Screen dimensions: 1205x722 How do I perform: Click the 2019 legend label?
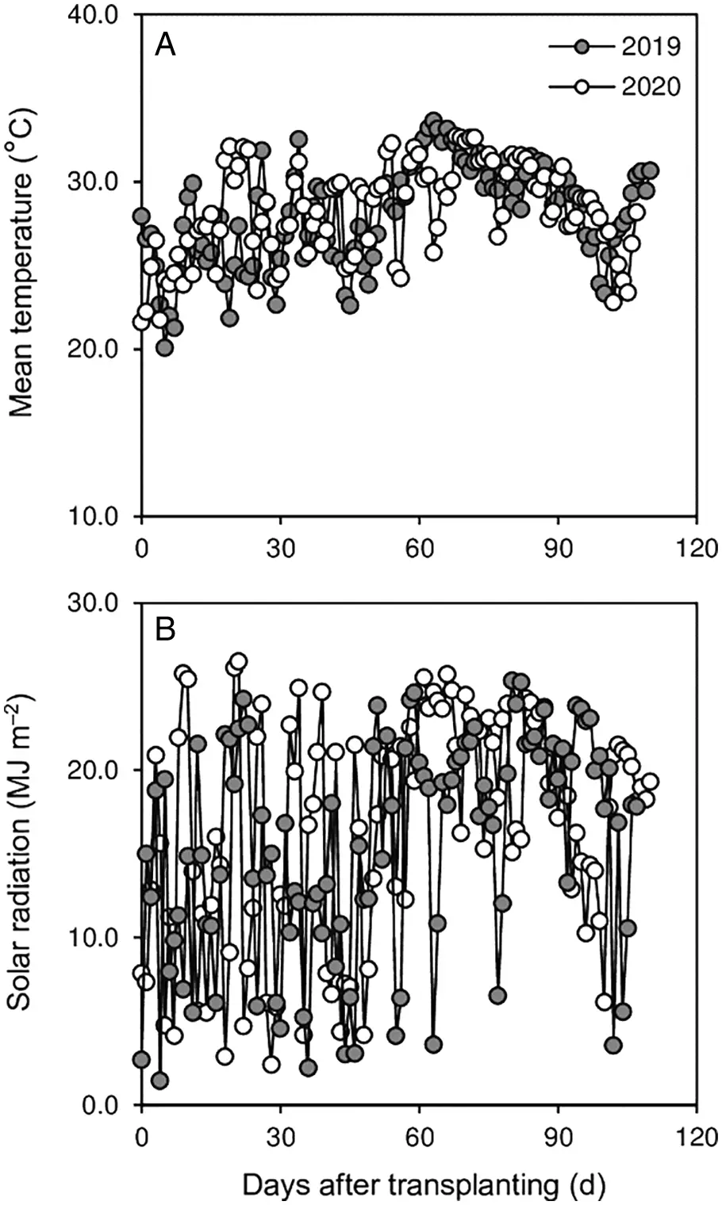tap(651, 47)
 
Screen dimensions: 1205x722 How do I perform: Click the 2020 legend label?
tap(651, 86)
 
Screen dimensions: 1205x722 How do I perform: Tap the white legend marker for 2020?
tap(582, 86)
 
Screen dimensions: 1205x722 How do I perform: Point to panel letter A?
tap(165, 45)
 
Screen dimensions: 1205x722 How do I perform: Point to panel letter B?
tap(165, 630)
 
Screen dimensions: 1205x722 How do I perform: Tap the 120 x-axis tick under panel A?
tap(696, 548)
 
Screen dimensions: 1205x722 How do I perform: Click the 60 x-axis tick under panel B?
tap(419, 1136)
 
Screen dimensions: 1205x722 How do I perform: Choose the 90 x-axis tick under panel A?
tap(558, 548)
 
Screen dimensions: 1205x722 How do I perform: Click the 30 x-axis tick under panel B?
tap(280, 1136)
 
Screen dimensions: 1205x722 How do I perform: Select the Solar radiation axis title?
tap(25, 852)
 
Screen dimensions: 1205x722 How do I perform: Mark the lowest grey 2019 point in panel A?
tap(164, 347)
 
